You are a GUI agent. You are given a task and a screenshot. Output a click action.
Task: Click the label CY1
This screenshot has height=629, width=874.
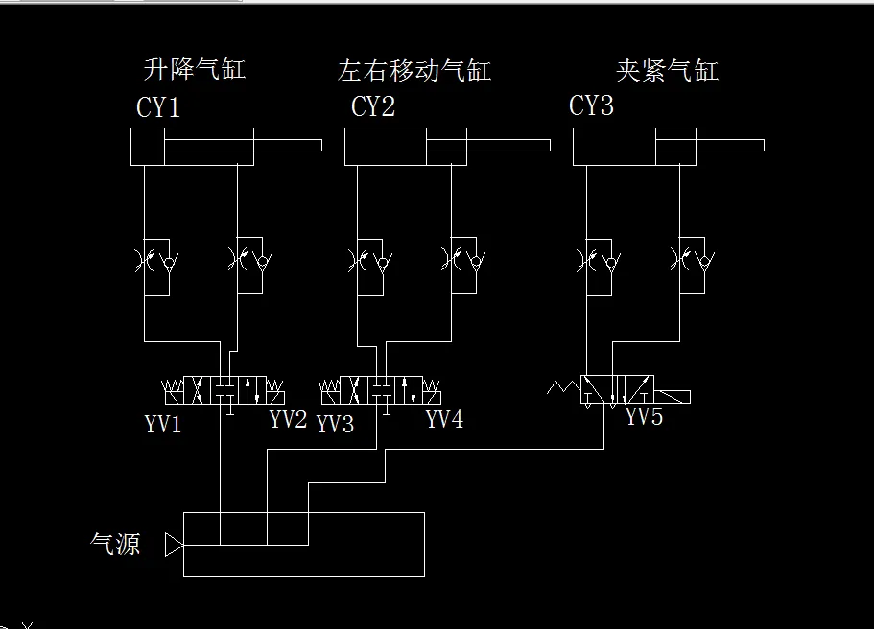(x=158, y=107)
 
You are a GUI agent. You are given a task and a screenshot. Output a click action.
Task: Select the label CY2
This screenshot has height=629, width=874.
(x=373, y=106)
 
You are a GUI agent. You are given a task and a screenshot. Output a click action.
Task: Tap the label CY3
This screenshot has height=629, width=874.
(x=591, y=105)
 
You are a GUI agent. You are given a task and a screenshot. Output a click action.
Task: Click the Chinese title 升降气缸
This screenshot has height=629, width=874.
(x=194, y=69)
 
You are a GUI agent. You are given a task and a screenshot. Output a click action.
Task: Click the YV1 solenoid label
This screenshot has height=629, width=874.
(x=163, y=424)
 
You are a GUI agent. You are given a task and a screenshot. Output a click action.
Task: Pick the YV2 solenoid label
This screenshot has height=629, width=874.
(x=288, y=419)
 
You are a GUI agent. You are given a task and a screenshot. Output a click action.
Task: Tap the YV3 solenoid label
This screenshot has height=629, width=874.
(x=336, y=424)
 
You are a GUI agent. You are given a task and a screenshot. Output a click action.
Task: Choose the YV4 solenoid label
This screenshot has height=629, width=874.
(x=444, y=419)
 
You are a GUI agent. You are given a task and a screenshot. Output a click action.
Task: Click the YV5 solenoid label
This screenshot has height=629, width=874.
(x=644, y=417)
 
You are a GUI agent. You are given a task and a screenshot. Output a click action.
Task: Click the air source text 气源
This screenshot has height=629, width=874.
(x=115, y=545)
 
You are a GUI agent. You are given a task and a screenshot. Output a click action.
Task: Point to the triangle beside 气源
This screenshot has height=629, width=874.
(x=174, y=546)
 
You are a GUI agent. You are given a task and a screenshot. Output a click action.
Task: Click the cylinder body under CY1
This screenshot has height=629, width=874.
(x=192, y=146)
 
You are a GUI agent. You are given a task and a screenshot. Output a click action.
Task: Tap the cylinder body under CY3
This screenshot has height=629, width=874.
(x=633, y=146)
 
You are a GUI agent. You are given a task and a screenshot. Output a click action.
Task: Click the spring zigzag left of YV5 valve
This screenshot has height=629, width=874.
(x=563, y=388)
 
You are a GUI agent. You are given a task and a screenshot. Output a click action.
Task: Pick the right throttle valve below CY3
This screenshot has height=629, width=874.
(x=693, y=260)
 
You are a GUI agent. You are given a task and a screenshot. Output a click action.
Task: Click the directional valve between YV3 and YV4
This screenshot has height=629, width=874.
(x=381, y=390)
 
